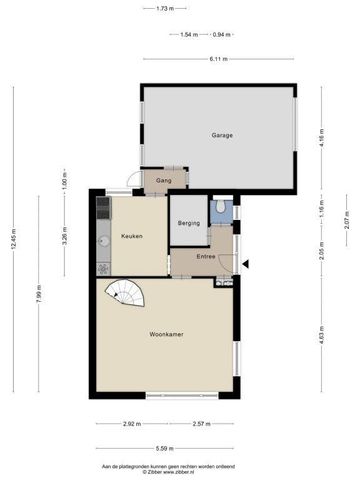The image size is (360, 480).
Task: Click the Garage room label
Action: pos(222,135)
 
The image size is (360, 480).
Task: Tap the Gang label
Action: pos(164,182)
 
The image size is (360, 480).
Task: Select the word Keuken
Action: pos(131,236)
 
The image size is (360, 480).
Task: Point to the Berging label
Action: pos(189,223)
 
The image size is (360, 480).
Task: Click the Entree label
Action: pos(206,257)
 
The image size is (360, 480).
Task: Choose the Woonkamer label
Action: pos(166,334)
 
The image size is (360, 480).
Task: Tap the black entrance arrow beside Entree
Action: pos(247,263)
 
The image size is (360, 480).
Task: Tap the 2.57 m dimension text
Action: pos(203,424)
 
